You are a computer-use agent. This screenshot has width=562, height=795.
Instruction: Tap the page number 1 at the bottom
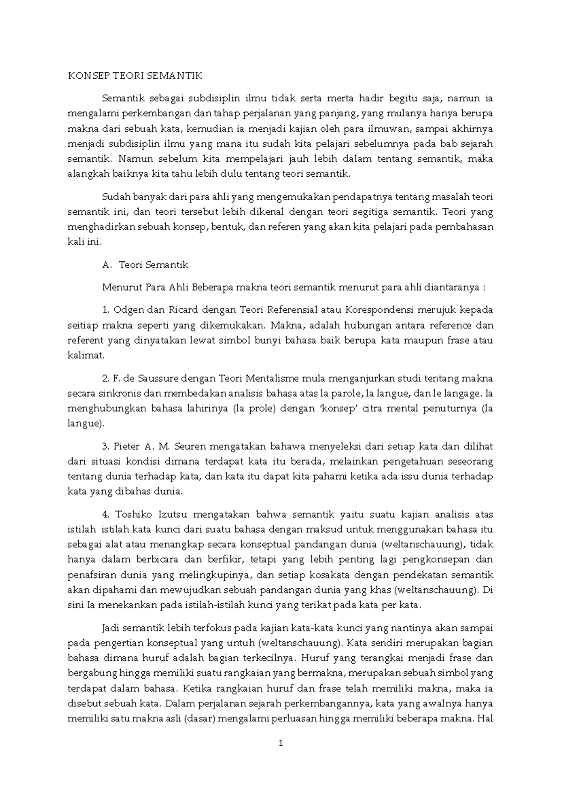tap(281, 743)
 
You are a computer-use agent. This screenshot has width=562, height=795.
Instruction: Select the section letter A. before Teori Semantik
tap(107, 265)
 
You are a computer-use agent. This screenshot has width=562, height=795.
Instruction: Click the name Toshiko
tap(136, 514)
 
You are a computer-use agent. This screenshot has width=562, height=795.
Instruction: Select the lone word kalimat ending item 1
tap(85, 355)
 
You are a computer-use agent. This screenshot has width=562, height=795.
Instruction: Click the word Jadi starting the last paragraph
tap(111, 628)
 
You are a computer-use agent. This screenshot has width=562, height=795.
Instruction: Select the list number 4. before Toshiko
tap(105, 514)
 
